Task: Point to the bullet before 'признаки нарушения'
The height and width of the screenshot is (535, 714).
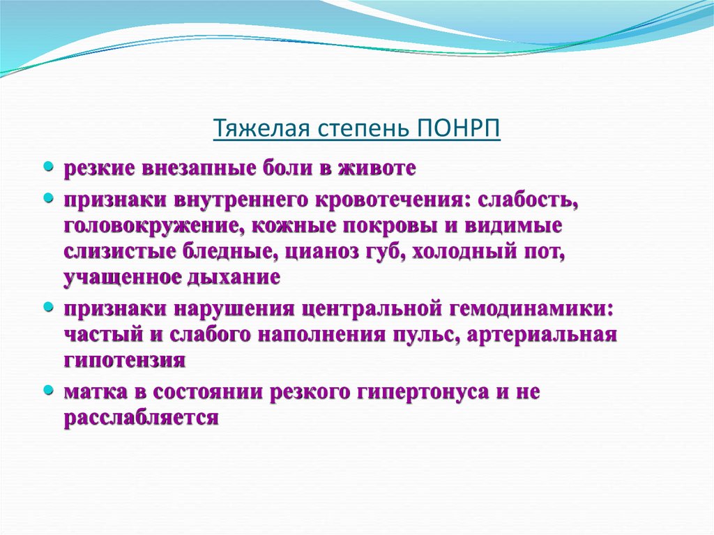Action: (x=48, y=306)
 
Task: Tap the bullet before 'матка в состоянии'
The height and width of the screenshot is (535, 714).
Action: (x=48, y=389)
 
